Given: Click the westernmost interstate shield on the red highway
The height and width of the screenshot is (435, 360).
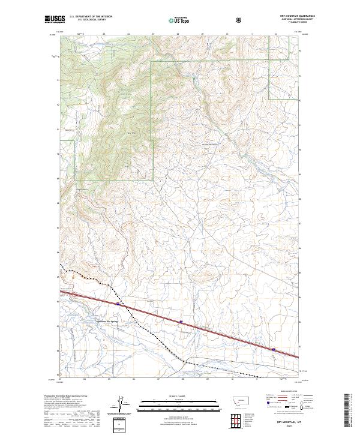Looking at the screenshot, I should tap(119, 304).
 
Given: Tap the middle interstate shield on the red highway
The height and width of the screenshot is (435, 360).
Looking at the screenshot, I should tap(181, 322).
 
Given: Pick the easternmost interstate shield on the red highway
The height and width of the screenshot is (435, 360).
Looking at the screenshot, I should tap(274, 349).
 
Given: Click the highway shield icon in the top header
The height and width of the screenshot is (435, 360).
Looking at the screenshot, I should tap(240, 19).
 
